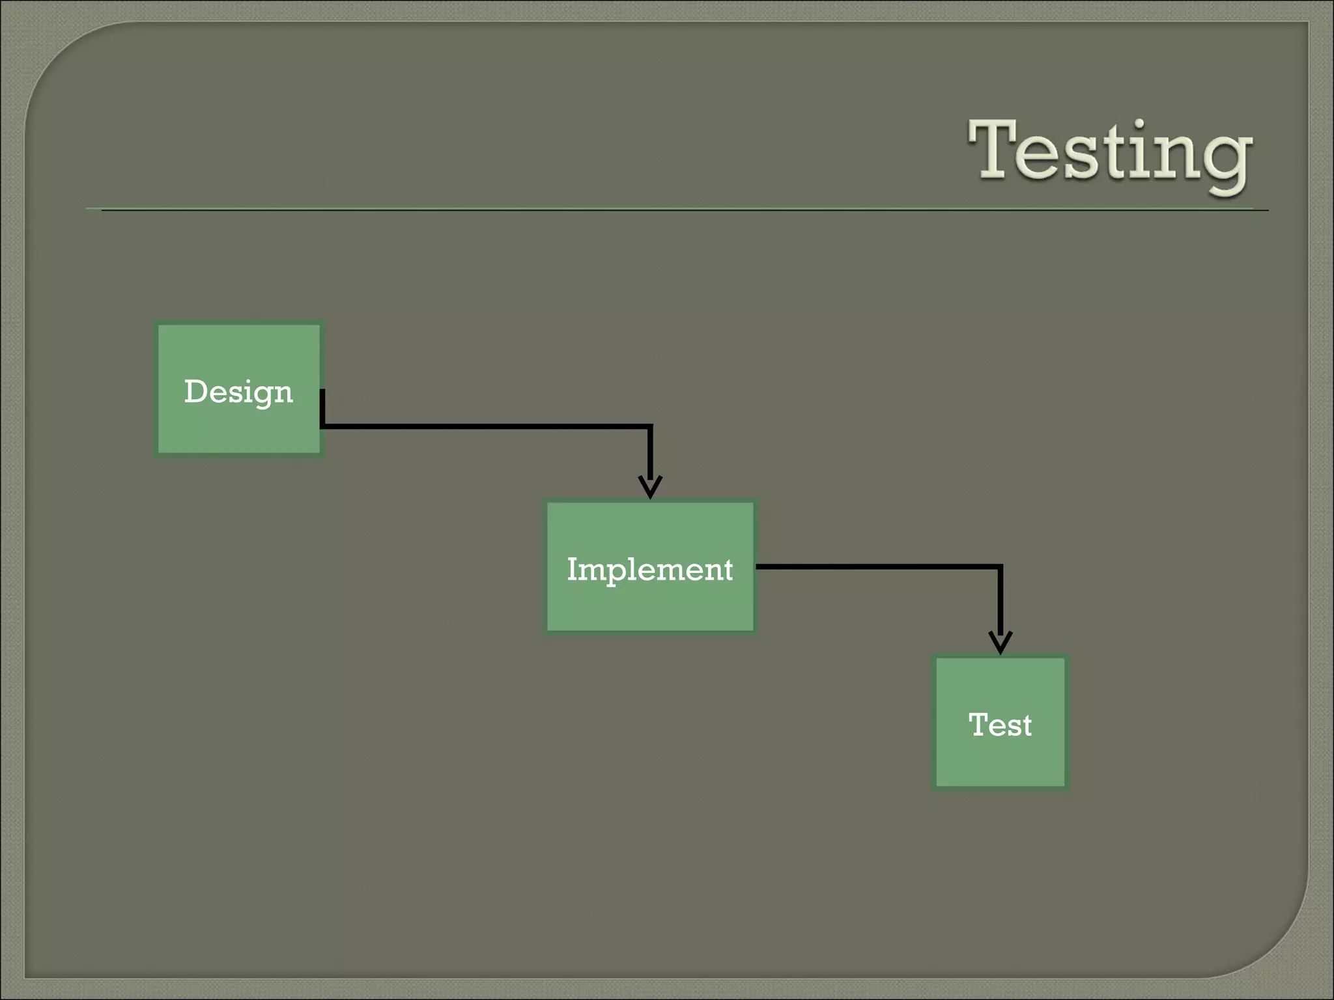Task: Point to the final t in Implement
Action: pos(728,570)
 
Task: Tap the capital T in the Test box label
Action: pos(978,724)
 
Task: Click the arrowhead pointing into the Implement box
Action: pos(650,487)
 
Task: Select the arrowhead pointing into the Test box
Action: pos(1000,642)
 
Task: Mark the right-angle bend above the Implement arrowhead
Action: pos(650,427)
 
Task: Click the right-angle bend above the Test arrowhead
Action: pos(1000,567)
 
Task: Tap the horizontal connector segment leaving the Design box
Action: pos(485,426)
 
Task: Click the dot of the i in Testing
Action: pos(1139,123)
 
